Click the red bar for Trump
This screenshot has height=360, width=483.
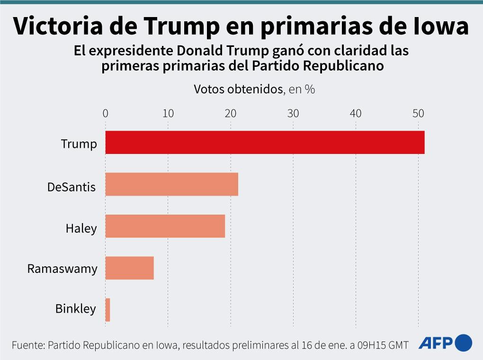tap(265, 142)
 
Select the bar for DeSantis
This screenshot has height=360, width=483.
tap(171, 184)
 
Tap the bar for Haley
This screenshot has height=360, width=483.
tap(165, 226)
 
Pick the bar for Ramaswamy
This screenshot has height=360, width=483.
tap(129, 268)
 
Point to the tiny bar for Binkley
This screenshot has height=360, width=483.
tap(107, 310)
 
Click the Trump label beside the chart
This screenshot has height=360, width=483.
tap(79, 144)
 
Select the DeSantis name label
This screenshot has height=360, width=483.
tap(72, 187)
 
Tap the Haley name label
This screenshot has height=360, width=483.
tap(81, 228)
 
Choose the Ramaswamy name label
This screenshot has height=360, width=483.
tap(62, 269)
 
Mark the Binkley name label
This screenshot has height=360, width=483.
tap(76, 309)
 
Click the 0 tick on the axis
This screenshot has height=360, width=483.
tap(105, 113)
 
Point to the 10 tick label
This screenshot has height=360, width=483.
tap(168, 113)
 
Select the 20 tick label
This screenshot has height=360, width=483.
tap(230, 113)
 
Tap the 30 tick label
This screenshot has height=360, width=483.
tap(293, 113)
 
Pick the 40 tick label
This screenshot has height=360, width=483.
tap(356, 113)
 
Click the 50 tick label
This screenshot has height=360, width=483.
tap(418, 113)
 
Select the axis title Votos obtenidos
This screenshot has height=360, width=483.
tap(238, 89)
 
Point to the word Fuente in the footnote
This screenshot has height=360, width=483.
tap(27, 345)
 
